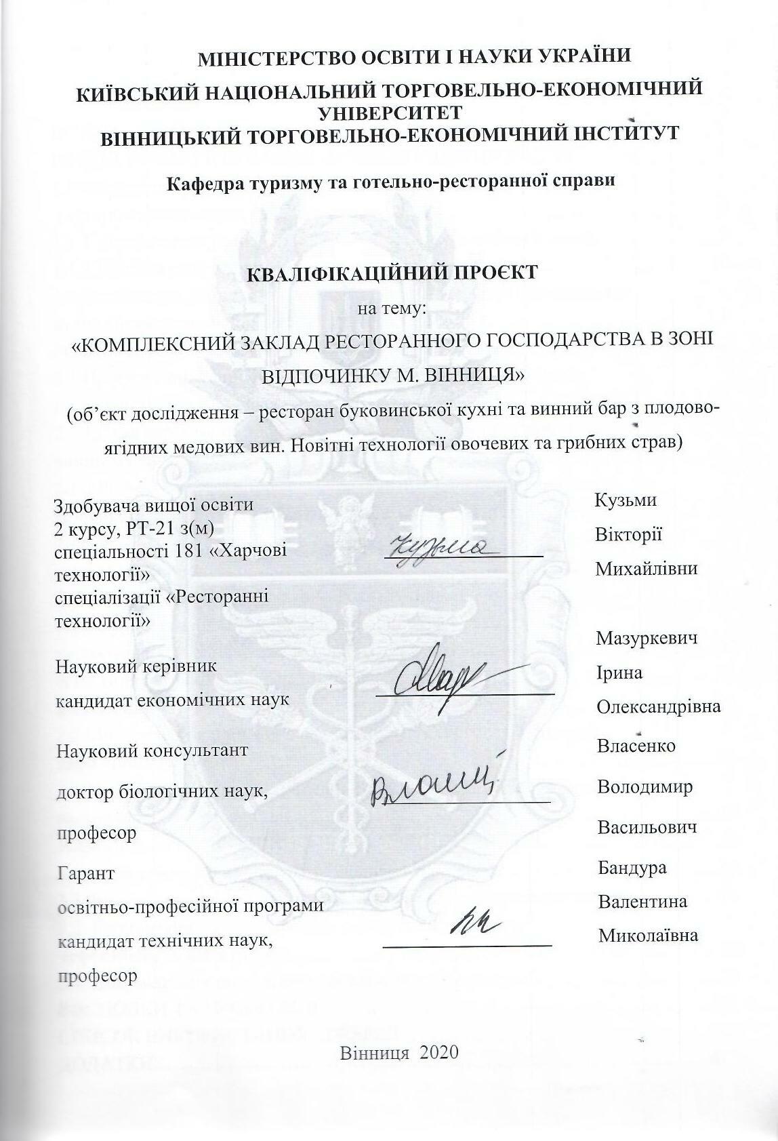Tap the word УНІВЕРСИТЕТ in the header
pyautogui.click(x=390, y=112)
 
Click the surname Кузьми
pyautogui.click(x=625, y=500)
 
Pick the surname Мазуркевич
pyautogui.click(x=647, y=638)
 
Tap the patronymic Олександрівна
pyautogui.click(x=657, y=707)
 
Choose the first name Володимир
pyautogui.click(x=644, y=787)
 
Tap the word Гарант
pyautogui.click(x=86, y=873)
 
